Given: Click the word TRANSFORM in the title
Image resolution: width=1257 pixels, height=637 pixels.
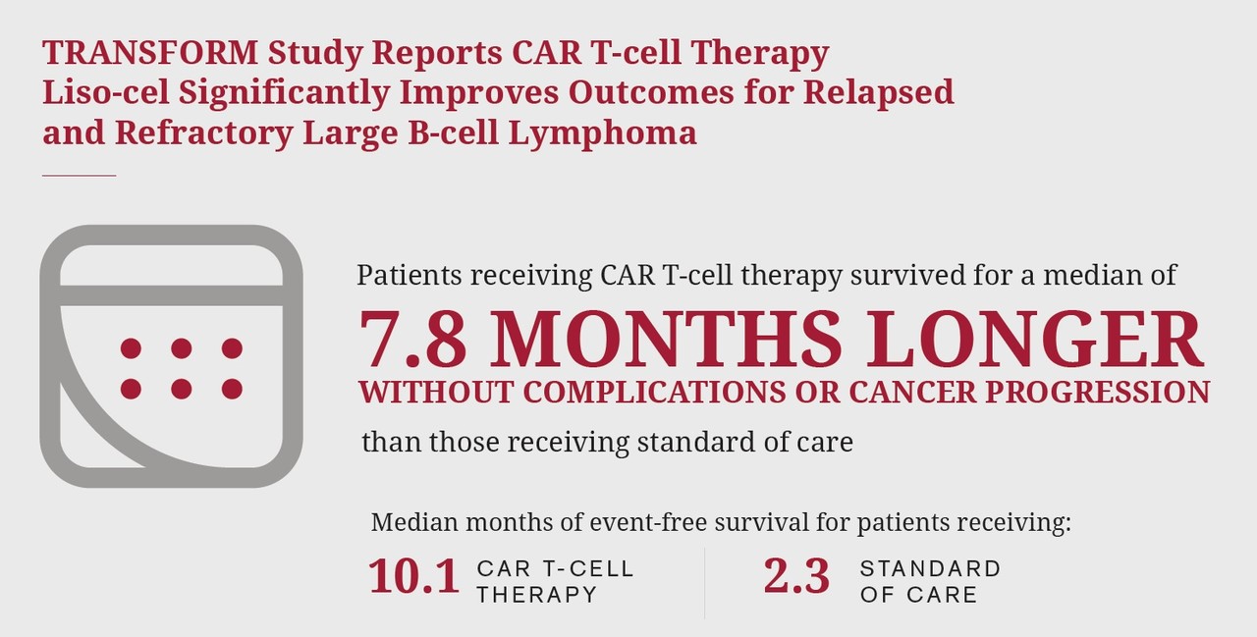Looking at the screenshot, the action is pos(150,53).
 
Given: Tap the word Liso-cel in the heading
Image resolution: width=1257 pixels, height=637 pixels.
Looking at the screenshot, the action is pos(106,92).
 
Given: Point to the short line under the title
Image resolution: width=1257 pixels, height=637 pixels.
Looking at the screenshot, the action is pos(80,176).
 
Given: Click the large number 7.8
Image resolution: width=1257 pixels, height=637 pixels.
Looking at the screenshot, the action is pos(413,340).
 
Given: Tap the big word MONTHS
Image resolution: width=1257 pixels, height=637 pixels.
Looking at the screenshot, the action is pos(666,340).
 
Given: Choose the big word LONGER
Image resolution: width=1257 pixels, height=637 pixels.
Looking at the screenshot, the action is pos(1035,340).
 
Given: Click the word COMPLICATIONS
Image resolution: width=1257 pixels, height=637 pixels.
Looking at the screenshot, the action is pos(654,392).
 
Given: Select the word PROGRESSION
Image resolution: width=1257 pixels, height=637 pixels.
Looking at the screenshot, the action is pos(1098,392).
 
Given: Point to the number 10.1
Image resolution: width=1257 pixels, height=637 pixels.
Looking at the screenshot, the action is pos(414,576).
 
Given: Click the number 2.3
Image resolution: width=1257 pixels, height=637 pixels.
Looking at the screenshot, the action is pos(796,576).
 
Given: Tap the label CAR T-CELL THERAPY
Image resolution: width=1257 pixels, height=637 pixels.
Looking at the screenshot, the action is pos(556,581).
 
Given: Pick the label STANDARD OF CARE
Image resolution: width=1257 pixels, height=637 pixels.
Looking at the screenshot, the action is pos(930,581).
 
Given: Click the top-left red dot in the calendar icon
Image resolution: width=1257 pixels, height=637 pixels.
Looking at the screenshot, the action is pos(131,348).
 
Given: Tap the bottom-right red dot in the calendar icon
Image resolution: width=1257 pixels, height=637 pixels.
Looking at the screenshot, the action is pos(232,389).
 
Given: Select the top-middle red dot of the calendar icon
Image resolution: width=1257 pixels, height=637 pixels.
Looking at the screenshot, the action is pos(182,348).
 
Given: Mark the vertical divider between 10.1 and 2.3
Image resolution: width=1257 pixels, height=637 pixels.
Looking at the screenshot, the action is pos(704,583).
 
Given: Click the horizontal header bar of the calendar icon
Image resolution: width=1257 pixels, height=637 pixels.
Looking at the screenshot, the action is pos(171,295).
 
